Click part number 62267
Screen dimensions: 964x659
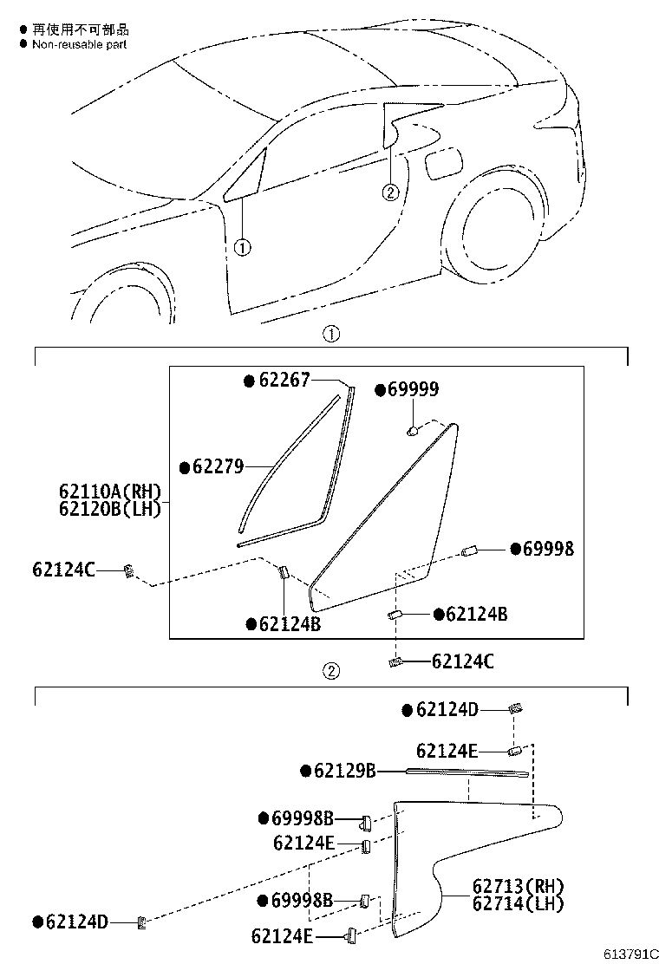[x=284, y=380]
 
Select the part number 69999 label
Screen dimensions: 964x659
[x=413, y=391]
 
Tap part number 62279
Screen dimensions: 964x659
[x=218, y=467]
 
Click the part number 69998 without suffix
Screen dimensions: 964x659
[x=547, y=549]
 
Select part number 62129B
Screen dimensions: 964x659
[x=344, y=771]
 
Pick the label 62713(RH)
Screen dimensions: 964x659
[x=518, y=886]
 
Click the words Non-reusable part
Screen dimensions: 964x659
[x=79, y=43]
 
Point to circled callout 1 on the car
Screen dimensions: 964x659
[x=242, y=248]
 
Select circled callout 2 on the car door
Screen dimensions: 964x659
[x=390, y=192]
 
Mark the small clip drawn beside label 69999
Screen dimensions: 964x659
[x=414, y=428]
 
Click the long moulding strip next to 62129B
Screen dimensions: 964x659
[x=467, y=772]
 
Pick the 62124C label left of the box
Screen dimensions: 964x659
[x=63, y=570]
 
